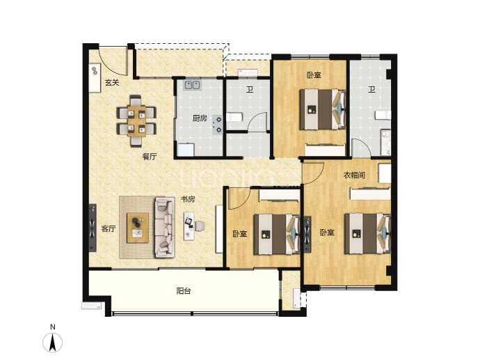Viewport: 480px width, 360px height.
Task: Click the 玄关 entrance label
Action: [x=112, y=82]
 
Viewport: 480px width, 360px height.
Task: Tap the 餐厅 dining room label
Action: [x=150, y=157]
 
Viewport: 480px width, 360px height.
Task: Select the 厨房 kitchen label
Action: [x=200, y=118]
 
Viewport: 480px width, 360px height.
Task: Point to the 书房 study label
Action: [x=188, y=199]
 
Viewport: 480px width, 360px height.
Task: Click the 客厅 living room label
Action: [x=109, y=228]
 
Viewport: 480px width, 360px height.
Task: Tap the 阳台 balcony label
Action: [x=184, y=291]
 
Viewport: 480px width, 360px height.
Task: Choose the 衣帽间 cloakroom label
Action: [x=354, y=175]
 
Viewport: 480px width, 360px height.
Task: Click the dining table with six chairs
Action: [x=136, y=121]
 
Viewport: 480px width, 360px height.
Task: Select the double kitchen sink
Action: [x=192, y=85]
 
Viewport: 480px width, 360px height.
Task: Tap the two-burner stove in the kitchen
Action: [x=218, y=124]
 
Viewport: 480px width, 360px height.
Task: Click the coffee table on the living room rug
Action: [x=138, y=228]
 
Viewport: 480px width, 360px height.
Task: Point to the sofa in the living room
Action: [x=165, y=227]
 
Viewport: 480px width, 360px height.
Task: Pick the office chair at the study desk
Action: [x=200, y=226]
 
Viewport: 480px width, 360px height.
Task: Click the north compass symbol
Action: [x=53, y=342]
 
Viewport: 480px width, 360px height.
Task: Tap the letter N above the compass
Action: [x=53, y=327]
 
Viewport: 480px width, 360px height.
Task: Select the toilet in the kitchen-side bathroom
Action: [x=235, y=117]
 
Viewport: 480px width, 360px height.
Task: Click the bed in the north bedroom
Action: [x=322, y=109]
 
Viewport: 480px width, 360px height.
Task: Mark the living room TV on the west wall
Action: [x=93, y=228]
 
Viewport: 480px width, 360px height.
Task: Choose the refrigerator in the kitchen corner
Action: [x=186, y=150]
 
